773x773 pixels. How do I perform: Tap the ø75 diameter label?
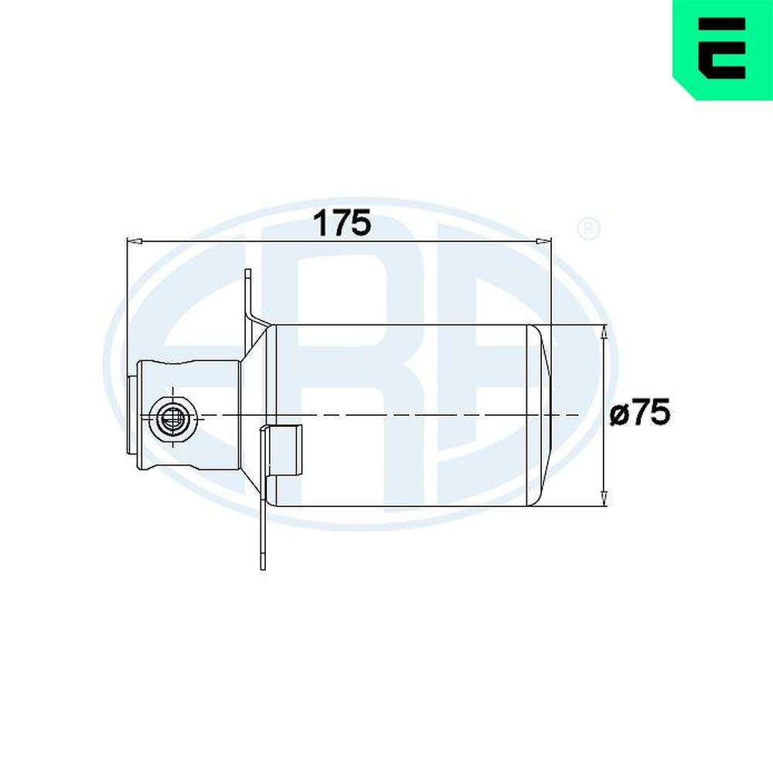point(639,414)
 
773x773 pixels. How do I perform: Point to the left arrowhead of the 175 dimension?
point(133,242)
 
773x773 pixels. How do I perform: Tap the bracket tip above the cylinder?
point(248,278)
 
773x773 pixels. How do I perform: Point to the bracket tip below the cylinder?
point(262,560)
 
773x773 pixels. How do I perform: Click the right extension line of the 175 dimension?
point(549,286)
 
